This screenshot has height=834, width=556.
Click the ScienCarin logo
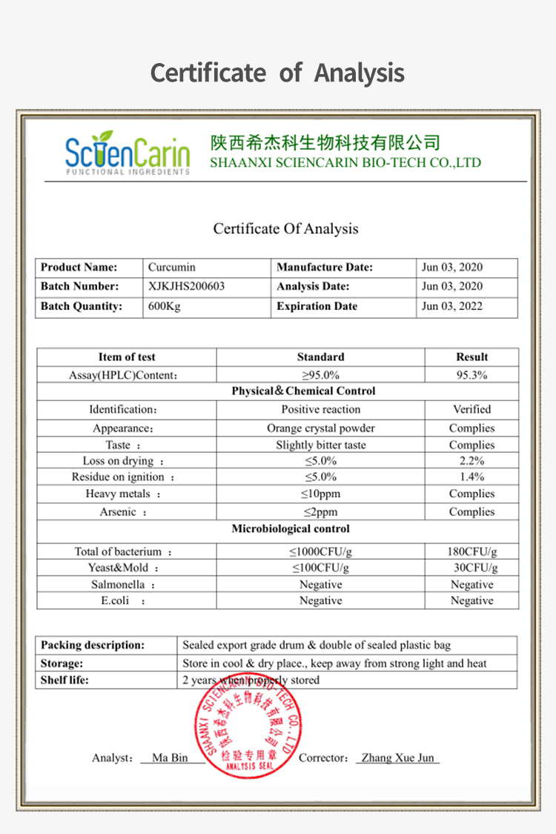click(127, 153)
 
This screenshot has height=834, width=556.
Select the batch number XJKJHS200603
click(186, 286)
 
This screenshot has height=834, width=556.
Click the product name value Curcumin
click(171, 267)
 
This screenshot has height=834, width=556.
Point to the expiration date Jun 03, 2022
click(451, 306)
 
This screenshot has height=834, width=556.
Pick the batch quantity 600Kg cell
click(164, 306)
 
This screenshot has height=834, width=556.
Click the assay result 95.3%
click(471, 375)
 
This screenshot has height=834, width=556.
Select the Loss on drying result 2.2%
click(471, 461)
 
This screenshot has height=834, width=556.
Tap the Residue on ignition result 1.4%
click(471, 477)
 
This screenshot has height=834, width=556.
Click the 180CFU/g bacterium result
click(471, 552)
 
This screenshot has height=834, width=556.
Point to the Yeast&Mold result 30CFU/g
click(475, 568)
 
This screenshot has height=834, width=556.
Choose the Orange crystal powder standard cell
click(320, 428)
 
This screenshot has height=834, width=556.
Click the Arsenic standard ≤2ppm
click(320, 512)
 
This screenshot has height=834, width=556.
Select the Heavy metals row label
click(123, 494)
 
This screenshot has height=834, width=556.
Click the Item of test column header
click(127, 357)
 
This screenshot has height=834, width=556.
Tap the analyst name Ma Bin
click(170, 758)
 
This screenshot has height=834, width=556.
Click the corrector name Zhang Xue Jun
click(397, 758)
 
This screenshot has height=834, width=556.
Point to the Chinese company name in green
click(325, 142)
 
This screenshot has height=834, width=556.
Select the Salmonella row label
click(123, 585)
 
